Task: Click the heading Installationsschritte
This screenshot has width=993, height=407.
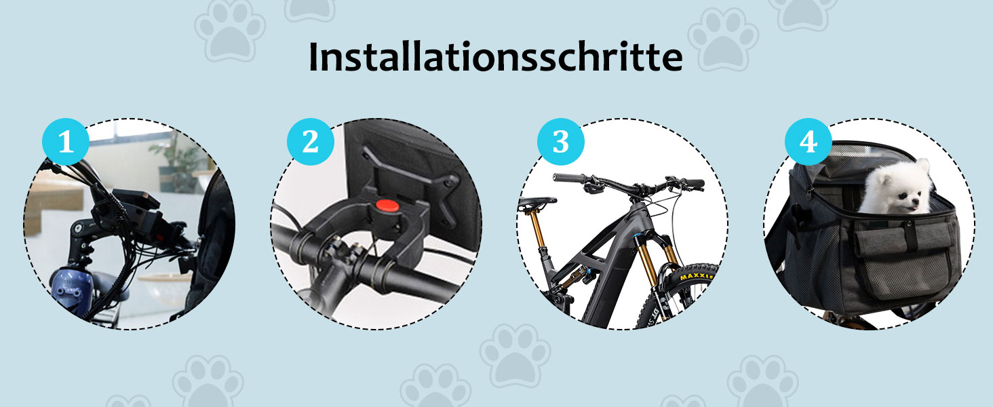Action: pyautogui.click(x=495, y=57)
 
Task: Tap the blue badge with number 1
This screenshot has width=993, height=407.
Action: pyautogui.click(x=66, y=142)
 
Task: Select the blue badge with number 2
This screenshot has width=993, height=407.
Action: pyautogui.click(x=311, y=142)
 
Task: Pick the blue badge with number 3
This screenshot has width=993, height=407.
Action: pyautogui.click(x=561, y=142)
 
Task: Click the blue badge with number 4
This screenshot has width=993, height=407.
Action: pyautogui.click(x=808, y=142)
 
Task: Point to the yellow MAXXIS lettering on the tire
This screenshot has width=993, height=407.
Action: pyautogui.click(x=696, y=277)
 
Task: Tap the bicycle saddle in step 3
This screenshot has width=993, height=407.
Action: pyautogui.click(x=537, y=203)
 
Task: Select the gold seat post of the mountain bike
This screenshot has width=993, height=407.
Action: pyautogui.click(x=537, y=230)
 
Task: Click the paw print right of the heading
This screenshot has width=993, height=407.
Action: pyautogui.click(x=722, y=39)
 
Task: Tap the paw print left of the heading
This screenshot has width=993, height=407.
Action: pyautogui.click(x=230, y=30)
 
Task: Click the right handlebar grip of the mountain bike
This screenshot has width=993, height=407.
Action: pyautogui.click(x=694, y=183)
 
